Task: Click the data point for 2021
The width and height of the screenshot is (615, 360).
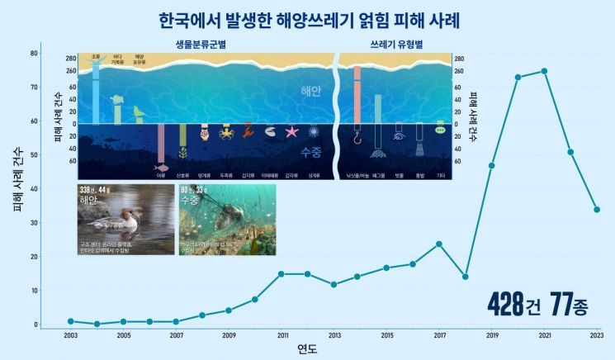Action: [x=544, y=71]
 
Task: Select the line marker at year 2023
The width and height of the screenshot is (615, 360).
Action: [x=597, y=210]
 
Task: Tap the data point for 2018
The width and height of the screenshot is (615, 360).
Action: [x=466, y=277]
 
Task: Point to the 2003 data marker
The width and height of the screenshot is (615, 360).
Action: [x=71, y=321]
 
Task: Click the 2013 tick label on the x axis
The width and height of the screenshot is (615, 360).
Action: [x=334, y=336]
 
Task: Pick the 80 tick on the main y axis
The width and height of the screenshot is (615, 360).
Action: [x=34, y=54]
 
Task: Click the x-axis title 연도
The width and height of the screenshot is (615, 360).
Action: [x=307, y=349]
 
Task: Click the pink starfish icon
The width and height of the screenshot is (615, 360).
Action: [x=291, y=131]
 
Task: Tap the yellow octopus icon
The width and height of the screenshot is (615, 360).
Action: [x=225, y=131]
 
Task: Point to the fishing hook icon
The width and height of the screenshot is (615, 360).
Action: [x=357, y=134]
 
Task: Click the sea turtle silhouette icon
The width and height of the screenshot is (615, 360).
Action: [x=118, y=101]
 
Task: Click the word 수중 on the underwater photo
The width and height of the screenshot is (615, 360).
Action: [x=192, y=201]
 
